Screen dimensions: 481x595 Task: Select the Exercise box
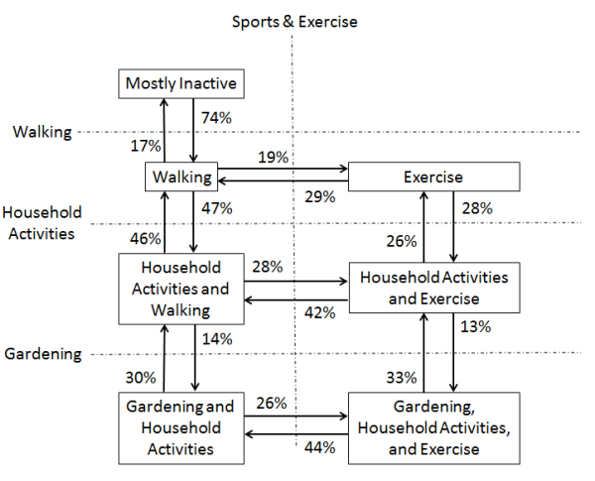tap(434, 178)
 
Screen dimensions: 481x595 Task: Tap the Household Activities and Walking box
tap(180, 289)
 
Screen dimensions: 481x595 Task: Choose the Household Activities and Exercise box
tap(433, 288)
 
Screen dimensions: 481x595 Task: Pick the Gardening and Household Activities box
tap(180, 427)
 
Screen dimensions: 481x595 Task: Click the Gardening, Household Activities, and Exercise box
tap(433, 426)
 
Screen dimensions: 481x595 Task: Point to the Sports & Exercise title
tap(295, 21)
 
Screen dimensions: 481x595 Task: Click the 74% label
tap(216, 117)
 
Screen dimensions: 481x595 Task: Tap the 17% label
tap(147, 146)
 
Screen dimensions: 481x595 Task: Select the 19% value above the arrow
tap(273, 157)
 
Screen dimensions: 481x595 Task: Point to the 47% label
tap(216, 208)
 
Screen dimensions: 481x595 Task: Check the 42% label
tap(320, 312)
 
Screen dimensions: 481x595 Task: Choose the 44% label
tap(320, 447)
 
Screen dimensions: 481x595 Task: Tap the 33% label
tap(401, 376)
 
